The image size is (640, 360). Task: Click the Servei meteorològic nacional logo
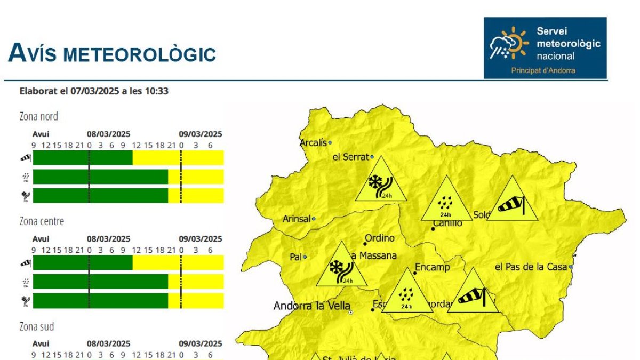(x=545, y=48)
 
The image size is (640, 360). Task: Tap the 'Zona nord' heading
(x=39, y=116)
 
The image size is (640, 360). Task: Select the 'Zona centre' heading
(x=42, y=221)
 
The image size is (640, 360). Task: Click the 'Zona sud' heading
(x=37, y=326)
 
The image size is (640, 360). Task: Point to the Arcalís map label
(x=313, y=143)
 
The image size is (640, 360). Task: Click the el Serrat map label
(x=350, y=157)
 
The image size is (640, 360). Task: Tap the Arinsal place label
(x=297, y=219)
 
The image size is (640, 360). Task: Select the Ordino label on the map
(x=380, y=238)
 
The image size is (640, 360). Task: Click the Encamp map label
(x=432, y=267)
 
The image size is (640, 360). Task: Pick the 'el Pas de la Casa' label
(x=531, y=267)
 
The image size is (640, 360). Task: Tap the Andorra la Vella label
(x=311, y=306)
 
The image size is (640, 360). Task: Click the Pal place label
(x=295, y=257)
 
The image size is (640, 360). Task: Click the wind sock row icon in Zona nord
(x=26, y=157)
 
